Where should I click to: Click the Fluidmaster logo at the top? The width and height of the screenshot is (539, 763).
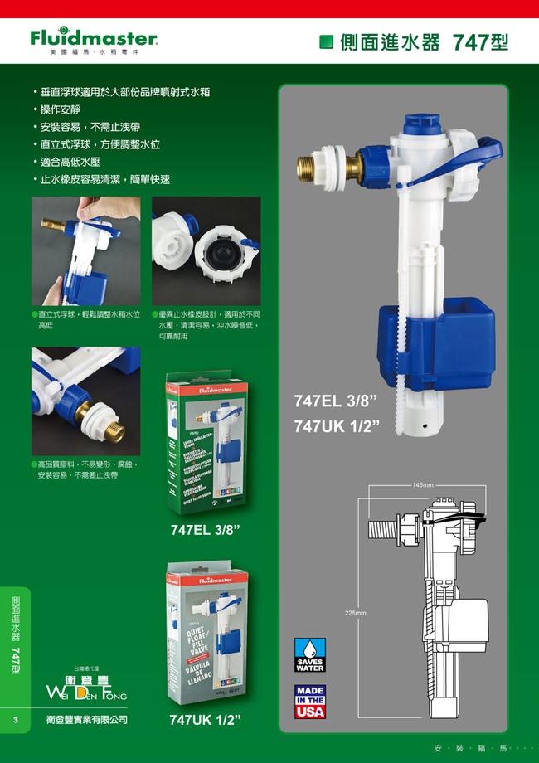tap(93, 39)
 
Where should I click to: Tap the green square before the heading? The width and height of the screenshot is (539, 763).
tap(327, 42)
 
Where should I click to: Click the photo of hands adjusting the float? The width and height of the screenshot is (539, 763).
tap(85, 251)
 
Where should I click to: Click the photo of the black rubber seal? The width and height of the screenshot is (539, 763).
tap(206, 251)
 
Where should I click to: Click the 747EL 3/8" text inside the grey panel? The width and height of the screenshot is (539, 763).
tap(336, 401)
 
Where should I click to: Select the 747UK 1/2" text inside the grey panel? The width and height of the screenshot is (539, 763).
tap(336, 426)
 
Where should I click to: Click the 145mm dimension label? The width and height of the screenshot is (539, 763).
tap(422, 484)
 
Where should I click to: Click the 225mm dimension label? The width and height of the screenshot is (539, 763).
tap(355, 613)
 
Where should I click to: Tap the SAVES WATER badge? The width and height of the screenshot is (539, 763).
tap(310, 655)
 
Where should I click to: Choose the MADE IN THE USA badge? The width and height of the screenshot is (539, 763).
tap(310, 702)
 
